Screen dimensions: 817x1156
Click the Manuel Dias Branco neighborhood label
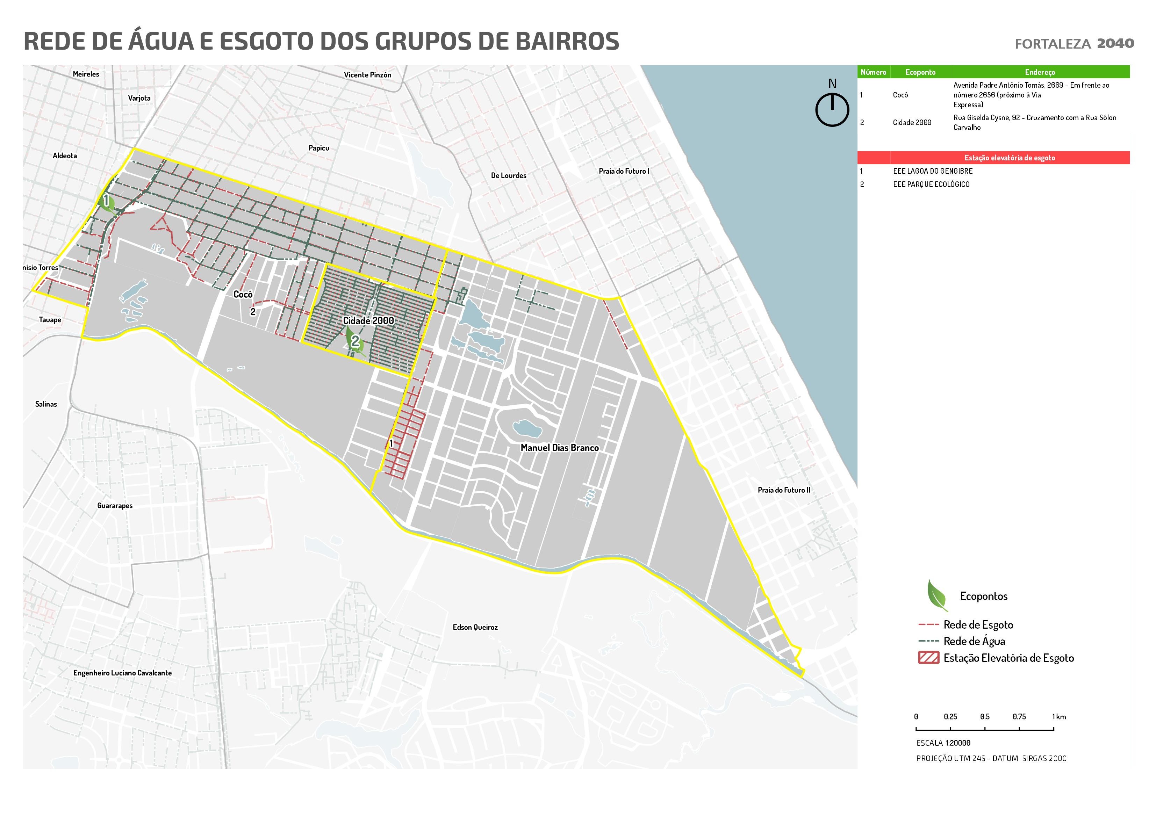559,448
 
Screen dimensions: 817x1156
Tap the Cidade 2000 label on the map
368,321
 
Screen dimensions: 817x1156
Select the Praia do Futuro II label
784,490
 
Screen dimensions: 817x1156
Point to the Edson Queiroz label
475,627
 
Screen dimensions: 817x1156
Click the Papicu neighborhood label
319,148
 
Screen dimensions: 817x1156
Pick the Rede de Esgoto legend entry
978,625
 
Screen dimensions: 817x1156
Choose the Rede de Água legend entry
974,641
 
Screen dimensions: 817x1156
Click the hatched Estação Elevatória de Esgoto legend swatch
928,658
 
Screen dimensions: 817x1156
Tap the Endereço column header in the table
1039,72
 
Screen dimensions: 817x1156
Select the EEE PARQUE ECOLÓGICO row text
931,184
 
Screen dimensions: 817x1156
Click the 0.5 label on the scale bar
984,716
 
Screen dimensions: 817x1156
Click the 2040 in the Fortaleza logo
1115,44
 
